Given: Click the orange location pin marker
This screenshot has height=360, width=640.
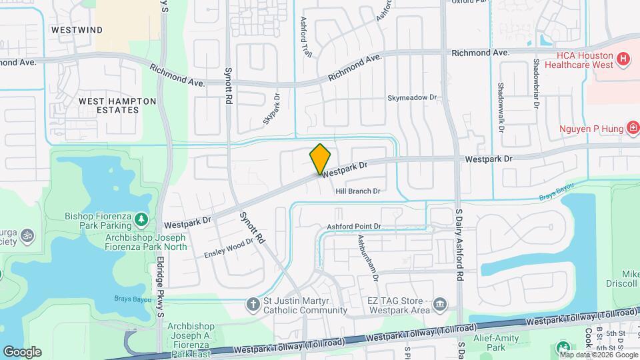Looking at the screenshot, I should pos(321,159).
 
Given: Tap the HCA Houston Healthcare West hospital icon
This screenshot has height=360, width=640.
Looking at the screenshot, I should pos(623,59).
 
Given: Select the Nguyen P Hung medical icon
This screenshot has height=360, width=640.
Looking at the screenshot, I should pos(632,127).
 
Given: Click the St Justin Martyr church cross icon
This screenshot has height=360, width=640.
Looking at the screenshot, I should pos(253,305).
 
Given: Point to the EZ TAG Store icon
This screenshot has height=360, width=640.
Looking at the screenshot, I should pos(440,305).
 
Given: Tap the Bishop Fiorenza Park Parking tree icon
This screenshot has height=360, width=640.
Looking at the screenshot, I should pos(141,219).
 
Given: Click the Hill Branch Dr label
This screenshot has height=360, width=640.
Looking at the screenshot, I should pos(357,191).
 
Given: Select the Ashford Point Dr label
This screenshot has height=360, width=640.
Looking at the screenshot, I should pos(353,227).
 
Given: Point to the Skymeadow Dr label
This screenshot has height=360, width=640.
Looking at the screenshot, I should pos(412,97).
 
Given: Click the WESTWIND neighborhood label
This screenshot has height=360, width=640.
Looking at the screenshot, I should pos(77,30).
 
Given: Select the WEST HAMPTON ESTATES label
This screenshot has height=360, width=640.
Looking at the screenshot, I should pos(117,105).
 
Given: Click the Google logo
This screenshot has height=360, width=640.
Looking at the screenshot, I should pos(22,351).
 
